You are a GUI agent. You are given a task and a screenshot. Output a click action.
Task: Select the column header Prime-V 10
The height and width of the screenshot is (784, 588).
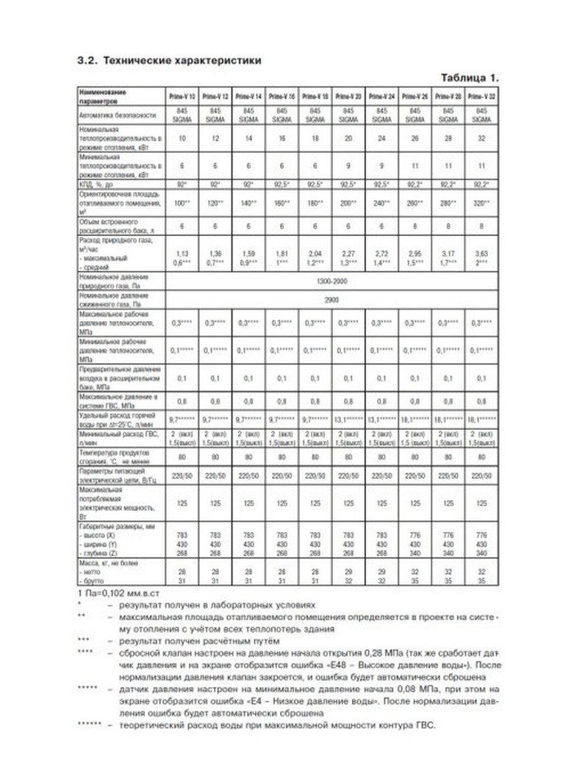183,96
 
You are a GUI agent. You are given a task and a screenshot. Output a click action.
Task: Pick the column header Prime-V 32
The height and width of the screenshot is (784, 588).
481,96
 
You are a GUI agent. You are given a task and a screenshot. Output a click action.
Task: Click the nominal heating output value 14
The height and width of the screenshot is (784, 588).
249,138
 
